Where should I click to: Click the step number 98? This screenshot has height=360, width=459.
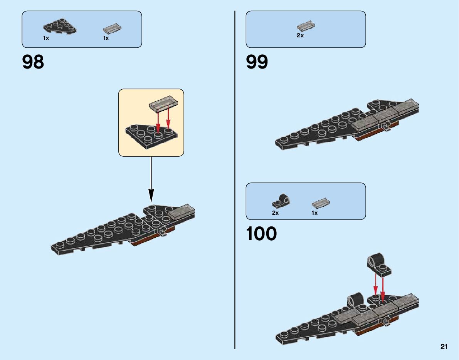pyautogui.click(x=33, y=62)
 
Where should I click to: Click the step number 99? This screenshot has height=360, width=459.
pyautogui.click(x=257, y=62)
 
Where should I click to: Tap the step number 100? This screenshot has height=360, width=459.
pyautogui.click(x=261, y=234)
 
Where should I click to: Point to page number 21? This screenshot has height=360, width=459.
pyautogui.click(x=444, y=347)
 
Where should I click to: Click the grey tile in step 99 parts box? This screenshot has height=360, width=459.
pyautogui.click(x=306, y=26)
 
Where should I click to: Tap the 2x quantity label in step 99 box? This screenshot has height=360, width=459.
pyautogui.click(x=300, y=35)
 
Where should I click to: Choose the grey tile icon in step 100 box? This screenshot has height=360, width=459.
pyautogui.click(x=321, y=203)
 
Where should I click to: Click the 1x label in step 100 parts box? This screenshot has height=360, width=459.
pyautogui.click(x=315, y=213)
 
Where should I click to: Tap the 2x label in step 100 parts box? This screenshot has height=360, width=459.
pyautogui.click(x=275, y=213)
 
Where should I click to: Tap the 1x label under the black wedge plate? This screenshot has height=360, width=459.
pyautogui.click(x=46, y=38)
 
